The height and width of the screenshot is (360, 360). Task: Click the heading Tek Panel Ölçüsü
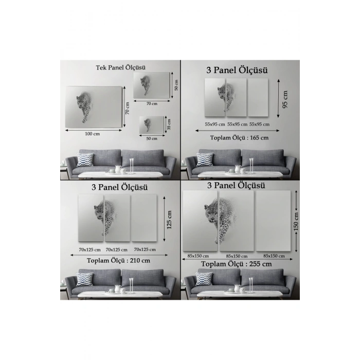click(x=120, y=67)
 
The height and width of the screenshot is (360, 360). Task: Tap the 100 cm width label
click(x=92, y=134)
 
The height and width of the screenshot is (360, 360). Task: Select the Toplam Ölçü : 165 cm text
click(x=239, y=138)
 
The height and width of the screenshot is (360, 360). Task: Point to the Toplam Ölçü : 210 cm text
click(x=118, y=261)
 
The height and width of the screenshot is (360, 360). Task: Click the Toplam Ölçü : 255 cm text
click(x=237, y=264)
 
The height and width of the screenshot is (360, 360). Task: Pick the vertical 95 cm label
click(x=285, y=99)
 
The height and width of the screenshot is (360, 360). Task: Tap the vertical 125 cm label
click(x=169, y=220)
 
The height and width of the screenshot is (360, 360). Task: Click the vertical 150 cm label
click(x=296, y=221)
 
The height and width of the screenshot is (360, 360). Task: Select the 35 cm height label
click(x=169, y=124)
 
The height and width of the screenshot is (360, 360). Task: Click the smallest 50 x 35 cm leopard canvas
click(x=152, y=124)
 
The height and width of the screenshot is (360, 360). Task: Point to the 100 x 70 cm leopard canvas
click(x=94, y=107)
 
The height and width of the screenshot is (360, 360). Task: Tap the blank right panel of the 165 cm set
click(x=258, y=97)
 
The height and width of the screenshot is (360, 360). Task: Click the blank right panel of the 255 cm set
click(x=273, y=221)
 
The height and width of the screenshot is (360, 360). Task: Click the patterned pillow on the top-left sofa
click(x=85, y=159)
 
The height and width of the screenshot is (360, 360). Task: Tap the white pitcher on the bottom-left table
click(x=118, y=289)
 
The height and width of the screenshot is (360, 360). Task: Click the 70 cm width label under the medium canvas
click(x=152, y=104)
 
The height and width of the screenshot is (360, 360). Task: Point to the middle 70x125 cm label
click(x=117, y=249)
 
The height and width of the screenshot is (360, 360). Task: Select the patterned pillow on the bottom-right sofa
click(x=204, y=279)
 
